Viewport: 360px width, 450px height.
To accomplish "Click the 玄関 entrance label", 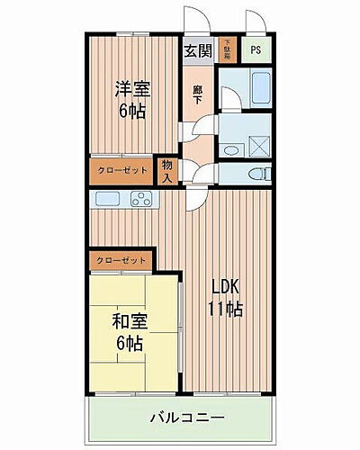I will point(199,51).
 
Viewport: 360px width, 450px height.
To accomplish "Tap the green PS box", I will point(256,50).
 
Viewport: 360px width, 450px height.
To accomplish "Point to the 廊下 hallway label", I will point(197,94).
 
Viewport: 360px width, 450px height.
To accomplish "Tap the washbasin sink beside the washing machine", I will point(230,150).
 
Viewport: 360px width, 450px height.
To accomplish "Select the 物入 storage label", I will point(167,170).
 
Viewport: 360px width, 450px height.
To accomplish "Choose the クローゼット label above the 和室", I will point(120,260).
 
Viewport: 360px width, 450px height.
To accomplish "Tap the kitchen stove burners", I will point(142,199).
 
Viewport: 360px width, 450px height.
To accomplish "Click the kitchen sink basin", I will point(104,198).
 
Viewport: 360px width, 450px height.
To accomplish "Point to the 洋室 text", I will point(131,89).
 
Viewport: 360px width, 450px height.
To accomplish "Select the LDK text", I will point(226,287).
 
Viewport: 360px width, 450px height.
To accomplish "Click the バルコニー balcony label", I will point(187,418).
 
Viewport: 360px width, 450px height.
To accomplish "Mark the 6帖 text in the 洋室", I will point(131,111).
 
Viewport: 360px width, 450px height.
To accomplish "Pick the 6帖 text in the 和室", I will point(129,342).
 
